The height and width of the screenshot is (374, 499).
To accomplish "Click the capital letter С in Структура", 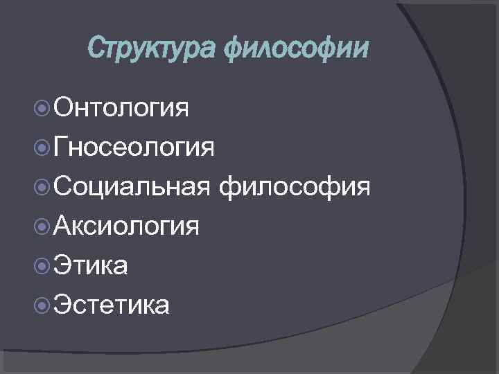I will (x=96, y=49).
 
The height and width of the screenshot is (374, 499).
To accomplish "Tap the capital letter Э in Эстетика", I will (x=61, y=304).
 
